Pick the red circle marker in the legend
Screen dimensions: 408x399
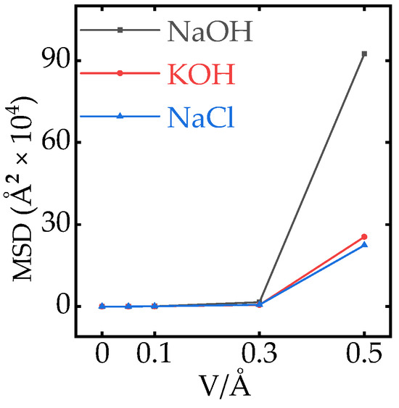[120, 72]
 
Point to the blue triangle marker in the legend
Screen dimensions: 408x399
[120, 116]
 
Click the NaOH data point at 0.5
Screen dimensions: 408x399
[364, 54]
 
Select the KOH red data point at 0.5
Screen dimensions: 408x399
[364, 237]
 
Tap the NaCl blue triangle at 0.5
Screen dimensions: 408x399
[364, 245]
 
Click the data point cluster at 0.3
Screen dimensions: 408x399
[259, 304]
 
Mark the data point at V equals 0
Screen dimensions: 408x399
[102, 307]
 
